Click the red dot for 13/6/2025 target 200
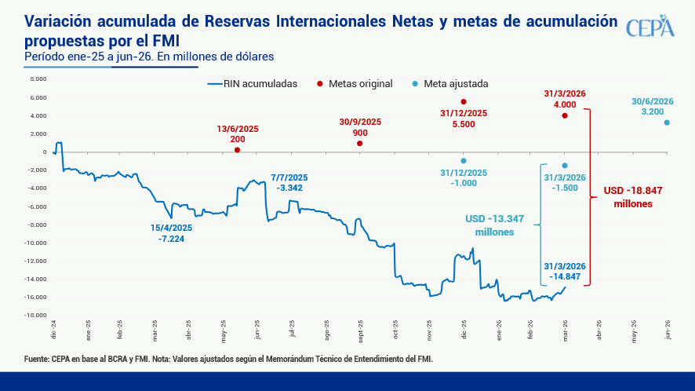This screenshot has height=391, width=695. click(x=238, y=150)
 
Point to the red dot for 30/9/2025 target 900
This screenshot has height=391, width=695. click(x=360, y=143)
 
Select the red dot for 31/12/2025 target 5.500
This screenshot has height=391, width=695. click(x=464, y=101)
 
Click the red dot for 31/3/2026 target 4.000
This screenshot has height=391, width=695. click(x=565, y=115)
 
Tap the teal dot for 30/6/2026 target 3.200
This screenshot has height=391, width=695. click(x=667, y=122)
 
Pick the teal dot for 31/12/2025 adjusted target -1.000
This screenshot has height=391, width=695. click(x=464, y=160)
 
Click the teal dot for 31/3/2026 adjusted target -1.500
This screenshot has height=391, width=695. click(x=565, y=165)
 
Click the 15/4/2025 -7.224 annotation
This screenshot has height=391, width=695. click(x=171, y=233)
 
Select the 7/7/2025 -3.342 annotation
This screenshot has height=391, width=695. click(x=290, y=182)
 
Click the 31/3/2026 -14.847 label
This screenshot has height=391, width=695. click(x=565, y=272)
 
